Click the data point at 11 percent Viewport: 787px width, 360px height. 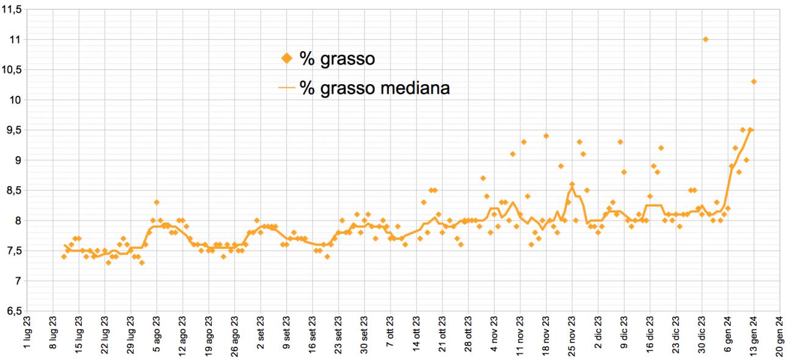705,39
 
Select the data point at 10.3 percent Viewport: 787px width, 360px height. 754,81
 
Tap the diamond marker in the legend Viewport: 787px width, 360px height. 286,58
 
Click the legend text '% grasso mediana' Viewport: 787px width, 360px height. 375,88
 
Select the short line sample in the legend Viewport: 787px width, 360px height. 286,88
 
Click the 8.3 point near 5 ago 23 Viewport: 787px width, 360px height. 157,202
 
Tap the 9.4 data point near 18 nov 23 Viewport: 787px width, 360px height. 546,135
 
